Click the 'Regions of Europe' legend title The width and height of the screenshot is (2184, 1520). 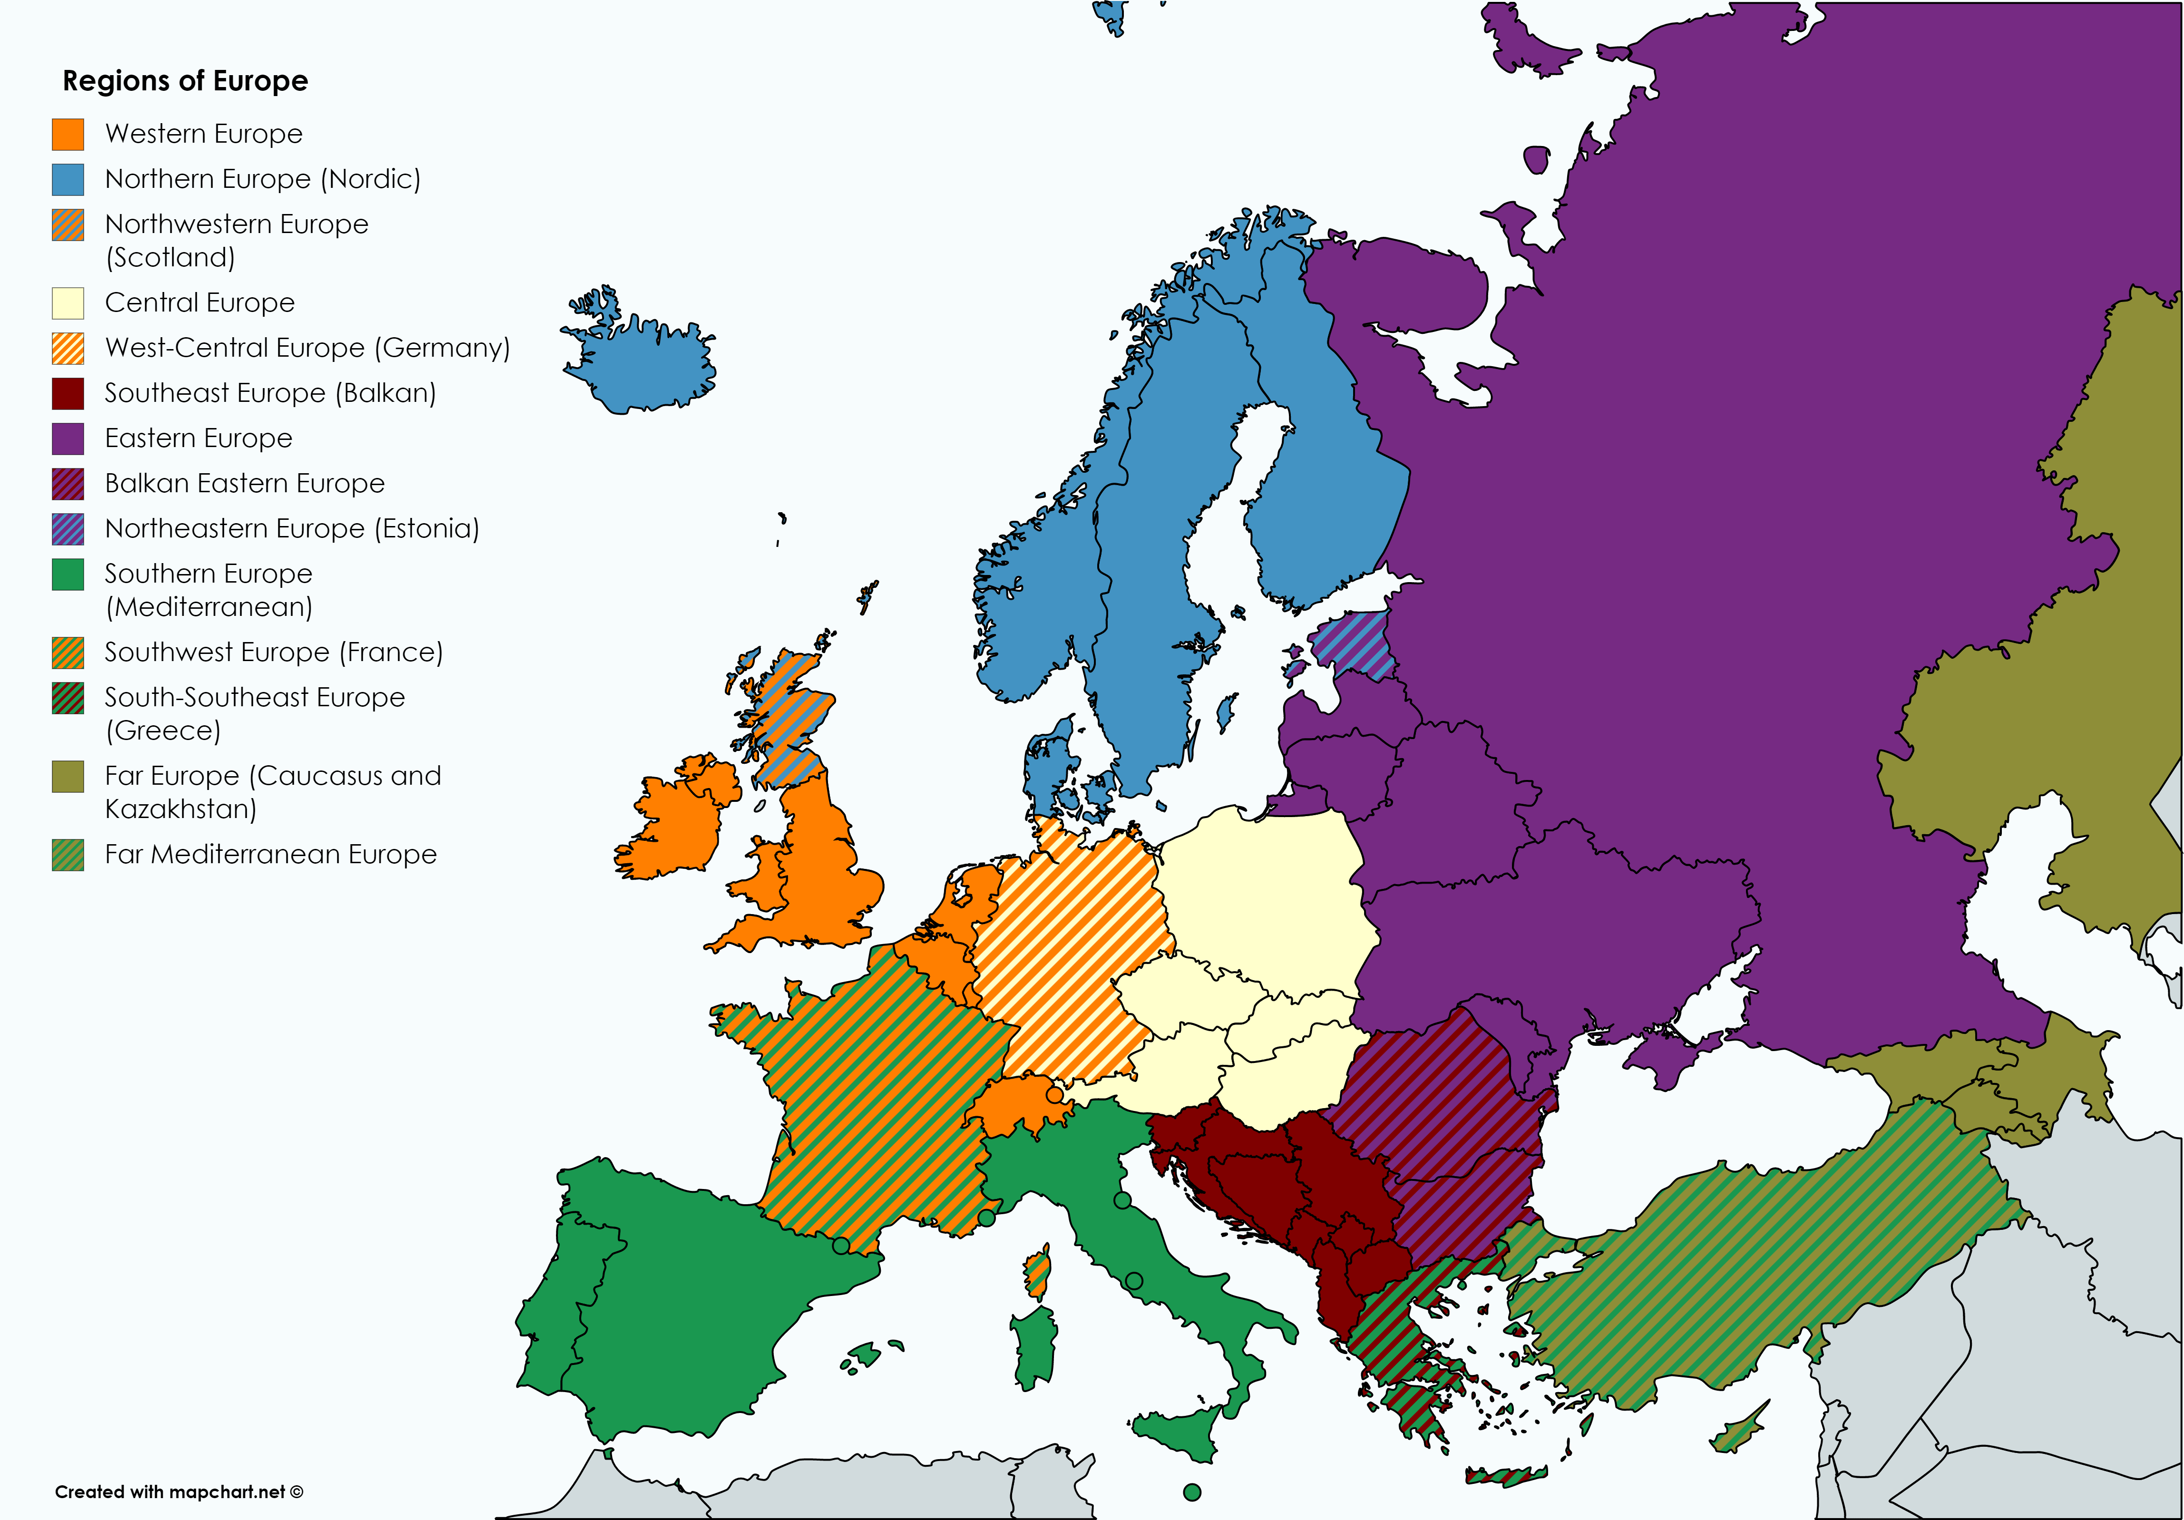185,81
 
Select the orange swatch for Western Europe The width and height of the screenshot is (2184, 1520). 68,134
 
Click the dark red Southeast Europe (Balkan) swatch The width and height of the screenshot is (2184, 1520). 68,393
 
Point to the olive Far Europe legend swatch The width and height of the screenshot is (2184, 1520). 68,776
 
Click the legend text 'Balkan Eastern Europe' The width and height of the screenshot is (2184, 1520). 244,483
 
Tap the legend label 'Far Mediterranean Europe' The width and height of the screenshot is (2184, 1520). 270,854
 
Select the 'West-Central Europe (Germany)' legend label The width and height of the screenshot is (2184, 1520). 307,348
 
